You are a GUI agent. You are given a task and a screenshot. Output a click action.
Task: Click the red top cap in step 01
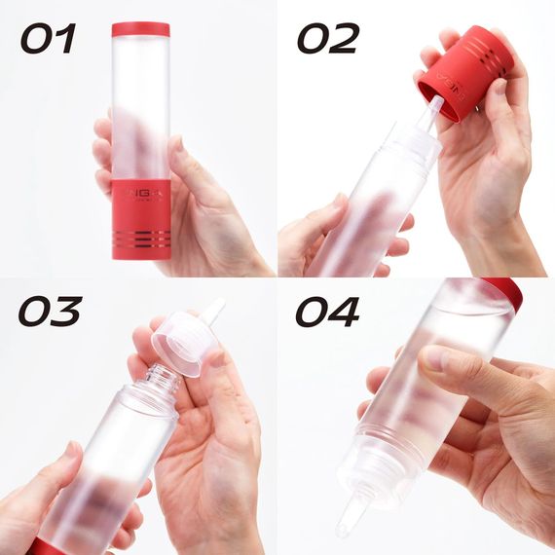(x=140, y=29)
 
